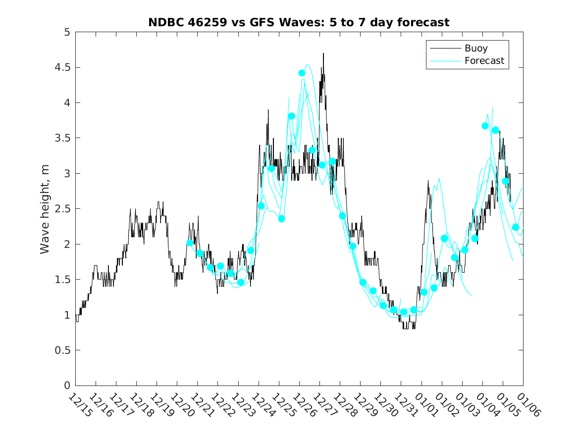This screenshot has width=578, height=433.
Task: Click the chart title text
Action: pyautogui.click(x=299, y=22)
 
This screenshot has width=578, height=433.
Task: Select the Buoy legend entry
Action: pyautogui.click(x=475, y=48)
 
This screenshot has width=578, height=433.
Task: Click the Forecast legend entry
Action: pyautogui.click(x=484, y=61)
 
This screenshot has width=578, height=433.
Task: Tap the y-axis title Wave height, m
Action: pyautogui.click(x=45, y=209)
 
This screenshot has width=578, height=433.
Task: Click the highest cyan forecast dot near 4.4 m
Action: pyautogui.click(x=302, y=73)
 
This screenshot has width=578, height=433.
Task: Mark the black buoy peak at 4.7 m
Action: pyautogui.click(x=323, y=53)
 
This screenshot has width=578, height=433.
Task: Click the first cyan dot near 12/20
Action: pyautogui.click(x=190, y=242)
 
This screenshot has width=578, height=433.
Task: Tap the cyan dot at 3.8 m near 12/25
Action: pyautogui.click(x=292, y=116)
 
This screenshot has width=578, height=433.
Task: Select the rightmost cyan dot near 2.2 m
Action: pyautogui.click(x=515, y=227)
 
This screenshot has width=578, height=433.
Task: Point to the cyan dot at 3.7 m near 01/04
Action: pyautogui.click(x=485, y=126)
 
